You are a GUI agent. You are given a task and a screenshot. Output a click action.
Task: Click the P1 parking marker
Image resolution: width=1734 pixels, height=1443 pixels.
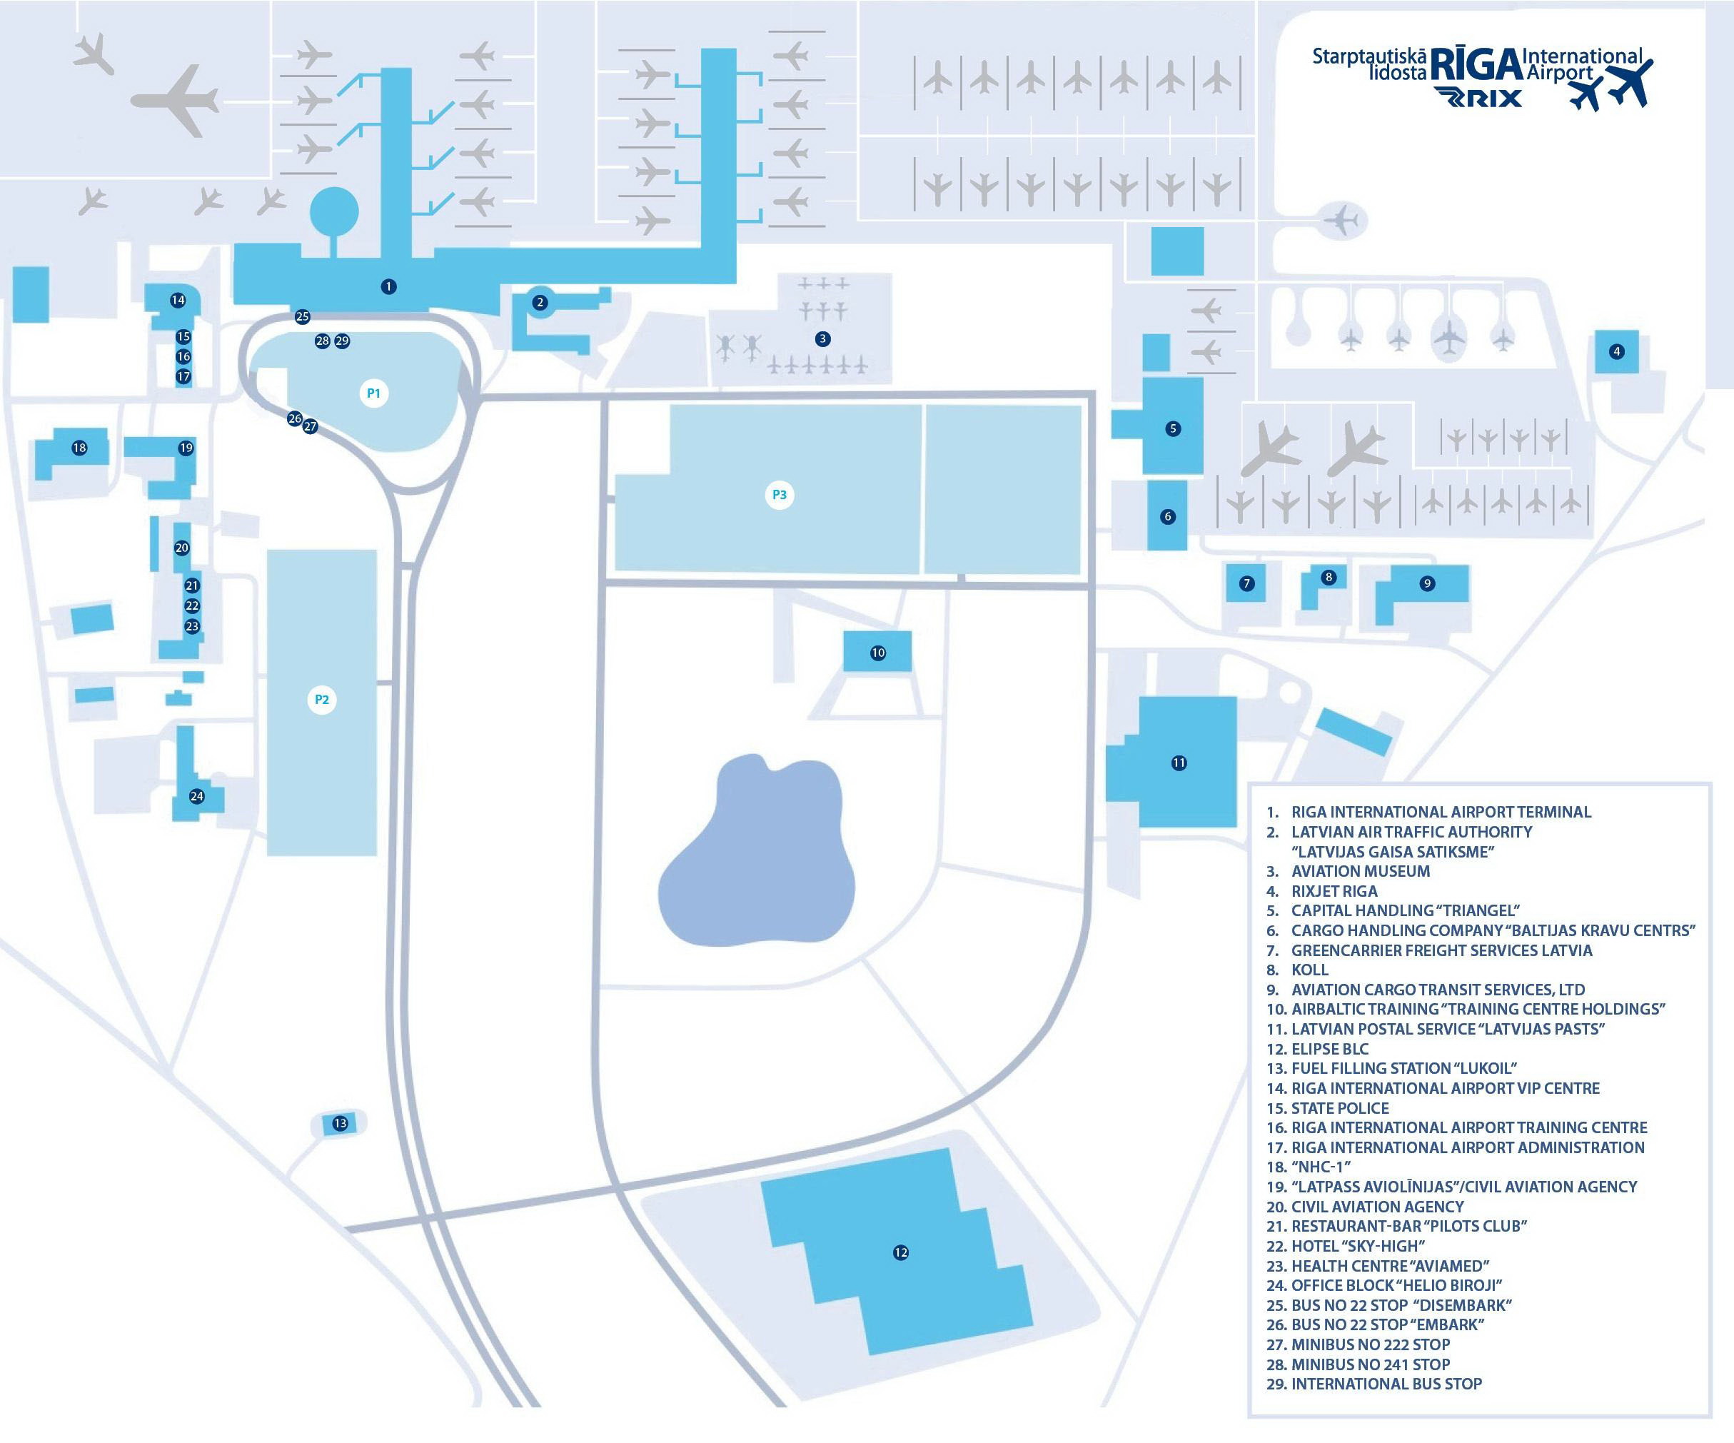click(374, 393)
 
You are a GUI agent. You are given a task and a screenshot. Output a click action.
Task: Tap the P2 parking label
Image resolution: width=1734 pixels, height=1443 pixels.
click(322, 700)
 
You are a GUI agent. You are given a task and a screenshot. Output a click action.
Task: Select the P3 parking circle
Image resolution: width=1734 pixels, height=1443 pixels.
click(779, 495)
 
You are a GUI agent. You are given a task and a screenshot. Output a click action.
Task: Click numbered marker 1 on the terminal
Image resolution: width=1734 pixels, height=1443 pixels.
click(388, 286)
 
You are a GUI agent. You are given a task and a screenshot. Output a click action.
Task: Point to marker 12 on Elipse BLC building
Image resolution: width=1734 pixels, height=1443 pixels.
click(901, 1252)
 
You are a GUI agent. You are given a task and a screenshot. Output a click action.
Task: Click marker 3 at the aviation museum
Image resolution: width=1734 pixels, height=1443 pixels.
click(822, 338)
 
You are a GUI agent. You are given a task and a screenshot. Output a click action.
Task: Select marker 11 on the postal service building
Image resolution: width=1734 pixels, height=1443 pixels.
click(1179, 763)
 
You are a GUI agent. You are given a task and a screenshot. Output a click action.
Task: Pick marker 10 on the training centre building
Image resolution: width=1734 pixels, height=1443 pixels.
click(878, 653)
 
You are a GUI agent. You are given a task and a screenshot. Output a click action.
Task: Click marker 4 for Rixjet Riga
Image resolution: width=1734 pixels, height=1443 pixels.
click(1617, 351)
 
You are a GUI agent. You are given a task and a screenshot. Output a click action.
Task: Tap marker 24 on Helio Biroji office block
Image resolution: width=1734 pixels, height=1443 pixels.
click(196, 796)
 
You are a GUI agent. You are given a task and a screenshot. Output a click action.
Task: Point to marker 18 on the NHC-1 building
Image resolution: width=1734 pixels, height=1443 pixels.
click(79, 448)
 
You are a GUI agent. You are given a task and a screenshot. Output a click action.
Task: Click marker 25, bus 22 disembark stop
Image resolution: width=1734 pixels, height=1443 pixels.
click(302, 316)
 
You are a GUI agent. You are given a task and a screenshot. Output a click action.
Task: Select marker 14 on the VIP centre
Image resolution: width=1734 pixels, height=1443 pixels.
click(178, 300)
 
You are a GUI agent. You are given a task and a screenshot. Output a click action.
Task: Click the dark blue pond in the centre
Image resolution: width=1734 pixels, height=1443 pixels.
click(755, 859)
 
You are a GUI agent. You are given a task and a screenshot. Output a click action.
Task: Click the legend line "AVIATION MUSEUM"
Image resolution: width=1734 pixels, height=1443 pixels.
click(1360, 871)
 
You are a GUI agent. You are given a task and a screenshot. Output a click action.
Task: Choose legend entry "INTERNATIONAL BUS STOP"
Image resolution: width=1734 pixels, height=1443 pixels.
click(1386, 1384)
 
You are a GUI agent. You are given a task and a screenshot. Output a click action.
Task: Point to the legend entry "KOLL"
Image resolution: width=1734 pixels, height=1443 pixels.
click(1309, 970)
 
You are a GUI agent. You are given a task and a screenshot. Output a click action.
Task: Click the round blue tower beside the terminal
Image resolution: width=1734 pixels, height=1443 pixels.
click(334, 211)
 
